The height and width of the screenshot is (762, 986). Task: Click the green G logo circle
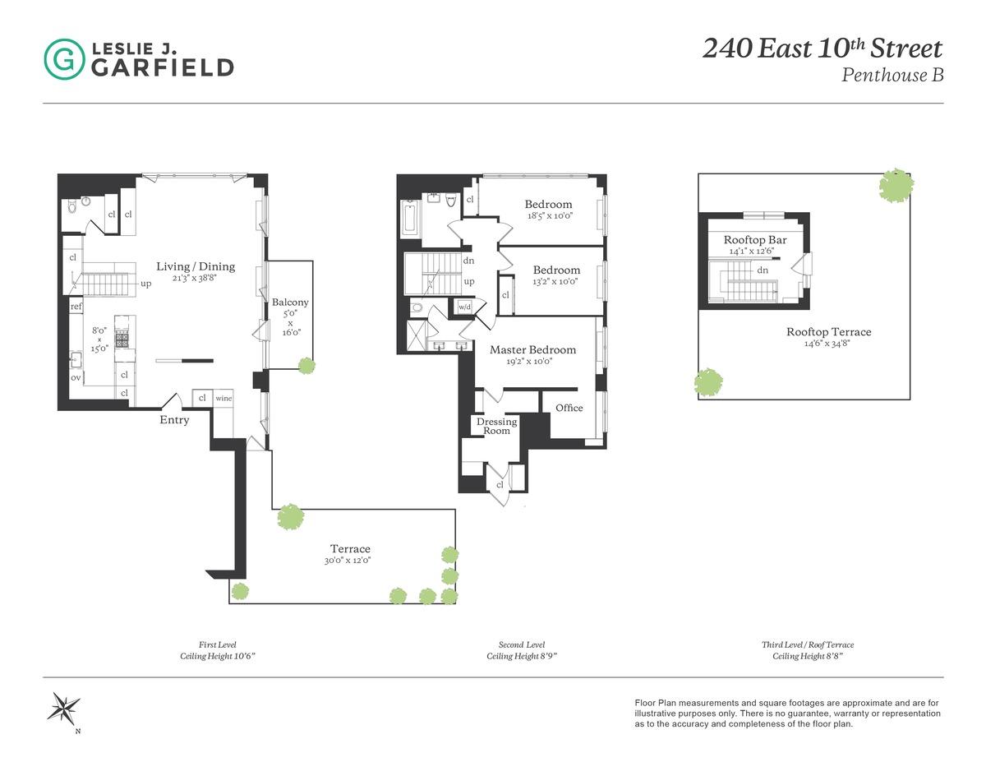tap(63, 59)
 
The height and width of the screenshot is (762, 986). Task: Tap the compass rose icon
tap(63, 708)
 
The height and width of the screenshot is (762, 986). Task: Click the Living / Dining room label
tap(196, 266)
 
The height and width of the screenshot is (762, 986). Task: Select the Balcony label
tap(290, 302)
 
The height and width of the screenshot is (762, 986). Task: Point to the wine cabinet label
tap(223, 399)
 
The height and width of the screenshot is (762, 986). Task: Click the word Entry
tap(174, 420)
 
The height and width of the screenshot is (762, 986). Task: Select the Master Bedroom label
tap(532, 349)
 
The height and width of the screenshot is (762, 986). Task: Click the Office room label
tap(569, 408)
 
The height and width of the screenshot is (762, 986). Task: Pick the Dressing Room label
tap(496, 426)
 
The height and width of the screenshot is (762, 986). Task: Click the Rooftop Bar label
tap(755, 240)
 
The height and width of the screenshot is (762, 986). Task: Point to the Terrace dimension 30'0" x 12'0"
tap(350, 561)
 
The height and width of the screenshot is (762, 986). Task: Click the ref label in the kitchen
tap(76, 307)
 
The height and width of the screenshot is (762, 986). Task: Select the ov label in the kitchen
tap(76, 377)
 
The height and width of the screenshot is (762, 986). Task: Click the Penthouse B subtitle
tap(892, 75)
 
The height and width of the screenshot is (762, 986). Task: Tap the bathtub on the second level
tap(411, 218)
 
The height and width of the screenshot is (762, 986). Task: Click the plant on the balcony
tap(306, 365)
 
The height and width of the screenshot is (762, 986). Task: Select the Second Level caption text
tap(521, 645)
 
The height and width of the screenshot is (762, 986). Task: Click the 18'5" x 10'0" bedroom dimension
tap(549, 216)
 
